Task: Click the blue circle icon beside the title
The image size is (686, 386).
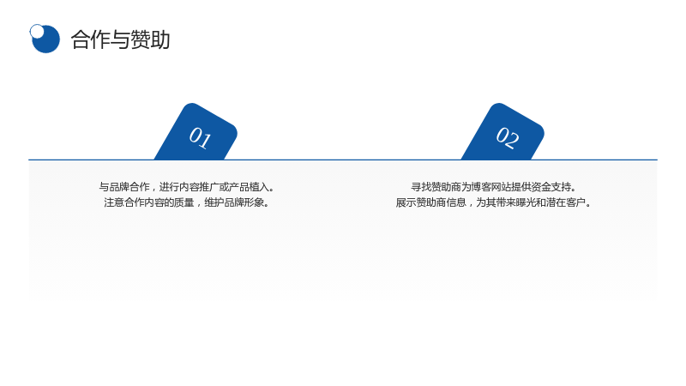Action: click(x=45, y=39)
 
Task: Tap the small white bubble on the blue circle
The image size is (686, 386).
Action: click(x=37, y=31)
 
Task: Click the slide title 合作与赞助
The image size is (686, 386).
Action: click(x=120, y=39)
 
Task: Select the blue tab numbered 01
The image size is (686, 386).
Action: click(x=196, y=131)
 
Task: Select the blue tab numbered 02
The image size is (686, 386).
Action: click(x=503, y=131)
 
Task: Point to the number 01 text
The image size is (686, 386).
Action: click(x=201, y=138)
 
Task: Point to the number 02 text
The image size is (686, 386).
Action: click(x=508, y=138)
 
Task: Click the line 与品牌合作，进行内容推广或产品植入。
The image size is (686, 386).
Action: click(x=187, y=187)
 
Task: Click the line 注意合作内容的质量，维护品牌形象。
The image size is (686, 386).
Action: click(x=187, y=202)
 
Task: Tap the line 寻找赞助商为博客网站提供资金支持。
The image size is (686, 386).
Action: click(x=494, y=187)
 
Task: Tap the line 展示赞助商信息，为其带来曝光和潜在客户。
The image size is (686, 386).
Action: click(x=494, y=202)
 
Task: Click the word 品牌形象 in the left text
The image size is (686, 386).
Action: click(x=244, y=202)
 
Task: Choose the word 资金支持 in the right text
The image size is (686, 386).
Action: click(x=551, y=187)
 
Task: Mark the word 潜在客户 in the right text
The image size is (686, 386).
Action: click(x=566, y=202)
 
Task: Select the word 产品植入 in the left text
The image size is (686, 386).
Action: click(x=249, y=187)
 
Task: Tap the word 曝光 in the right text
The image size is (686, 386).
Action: click(x=526, y=202)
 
